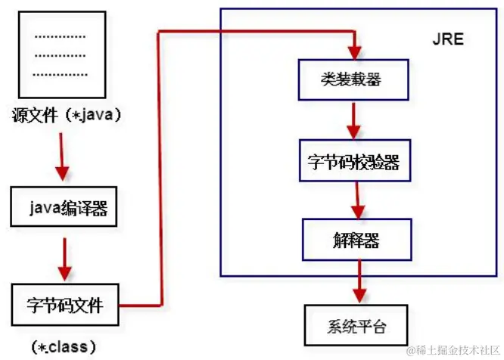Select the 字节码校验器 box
tap(355, 160)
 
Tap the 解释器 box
tap(355, 241)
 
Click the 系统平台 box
tap(356, 326)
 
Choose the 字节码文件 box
tap(67, 306)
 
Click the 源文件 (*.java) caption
tap(67, 116)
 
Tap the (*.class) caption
tap(64, 347)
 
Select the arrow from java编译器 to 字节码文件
tap(64, 258)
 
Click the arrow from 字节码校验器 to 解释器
tap(354, 200)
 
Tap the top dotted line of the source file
tap(61, 36)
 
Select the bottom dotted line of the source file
tap(61, 74)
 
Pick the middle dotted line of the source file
tap(61, 54)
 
